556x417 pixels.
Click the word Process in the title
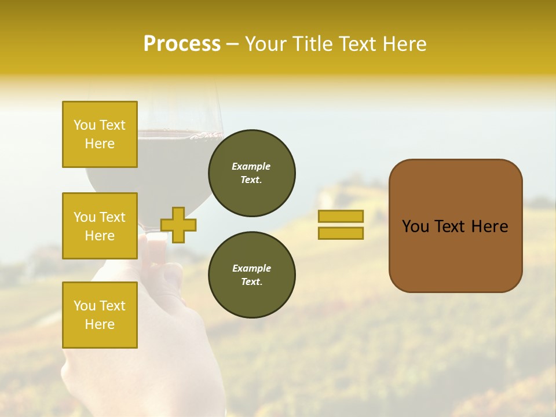[x=182, y=44]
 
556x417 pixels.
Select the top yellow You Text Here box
[x=100, y=134]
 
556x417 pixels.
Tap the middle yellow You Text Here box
[x=100, y=226]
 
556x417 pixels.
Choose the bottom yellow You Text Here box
[x=100, y=315]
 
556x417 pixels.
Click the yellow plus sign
[x=178, y=225]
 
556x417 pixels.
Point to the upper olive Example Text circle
[x=251, y=173]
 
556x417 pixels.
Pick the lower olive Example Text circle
[x=251, y=275]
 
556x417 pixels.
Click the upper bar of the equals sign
[x=341, y=217]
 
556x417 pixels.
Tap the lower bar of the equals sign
[x=341, y=233]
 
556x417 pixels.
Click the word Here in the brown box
[x=489, y=226]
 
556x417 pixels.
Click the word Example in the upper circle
[x=251, y=166]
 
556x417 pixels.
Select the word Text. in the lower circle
[x=251, y=282]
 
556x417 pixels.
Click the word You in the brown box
[x=415, y=226]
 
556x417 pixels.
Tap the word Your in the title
[x=266, y=44]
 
